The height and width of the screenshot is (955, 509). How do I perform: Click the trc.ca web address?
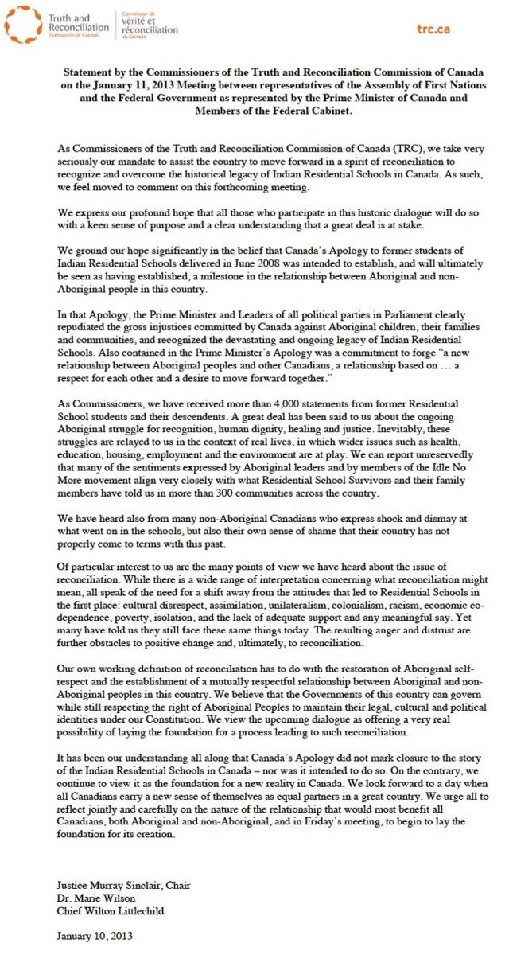(x=433, y=29)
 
